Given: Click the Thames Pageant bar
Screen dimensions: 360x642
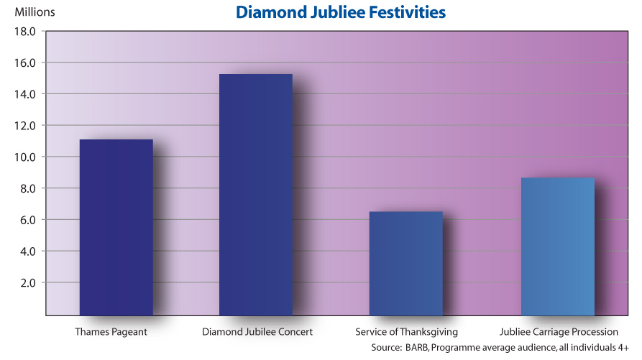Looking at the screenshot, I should pos(116,227).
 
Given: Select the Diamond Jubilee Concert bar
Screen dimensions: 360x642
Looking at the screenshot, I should pos(256,194).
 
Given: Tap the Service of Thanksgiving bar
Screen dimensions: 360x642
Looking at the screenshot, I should pos(405,263).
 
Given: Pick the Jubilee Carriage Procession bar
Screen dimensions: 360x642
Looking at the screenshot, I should pos(558,246).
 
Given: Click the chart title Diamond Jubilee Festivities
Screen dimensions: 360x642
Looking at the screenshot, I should pos(341,13).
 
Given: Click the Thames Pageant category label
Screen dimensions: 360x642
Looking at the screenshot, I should pos(111,332).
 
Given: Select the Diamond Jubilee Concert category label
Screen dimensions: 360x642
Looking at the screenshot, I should pos(257,332).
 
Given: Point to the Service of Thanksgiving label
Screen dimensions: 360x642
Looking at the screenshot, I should pos(406,332).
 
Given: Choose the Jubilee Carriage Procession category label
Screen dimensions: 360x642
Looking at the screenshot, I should pos(559,332).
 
